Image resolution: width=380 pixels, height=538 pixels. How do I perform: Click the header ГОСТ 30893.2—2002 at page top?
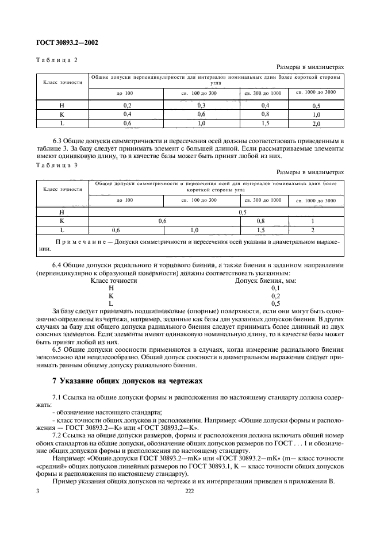pyautogui.click(x=66, y=43)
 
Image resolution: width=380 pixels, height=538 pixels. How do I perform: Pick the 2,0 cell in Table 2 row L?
pyautogui.click(x=316, y=124)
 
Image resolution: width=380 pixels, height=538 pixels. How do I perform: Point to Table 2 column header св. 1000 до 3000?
pyautogui.click(x=316, y=92)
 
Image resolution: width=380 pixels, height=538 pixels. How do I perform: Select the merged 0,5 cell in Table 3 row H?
pyautogui.click(x=242, y=212)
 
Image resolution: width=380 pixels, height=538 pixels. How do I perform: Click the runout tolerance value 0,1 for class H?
pyautogui.click(x=275, y=288)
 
